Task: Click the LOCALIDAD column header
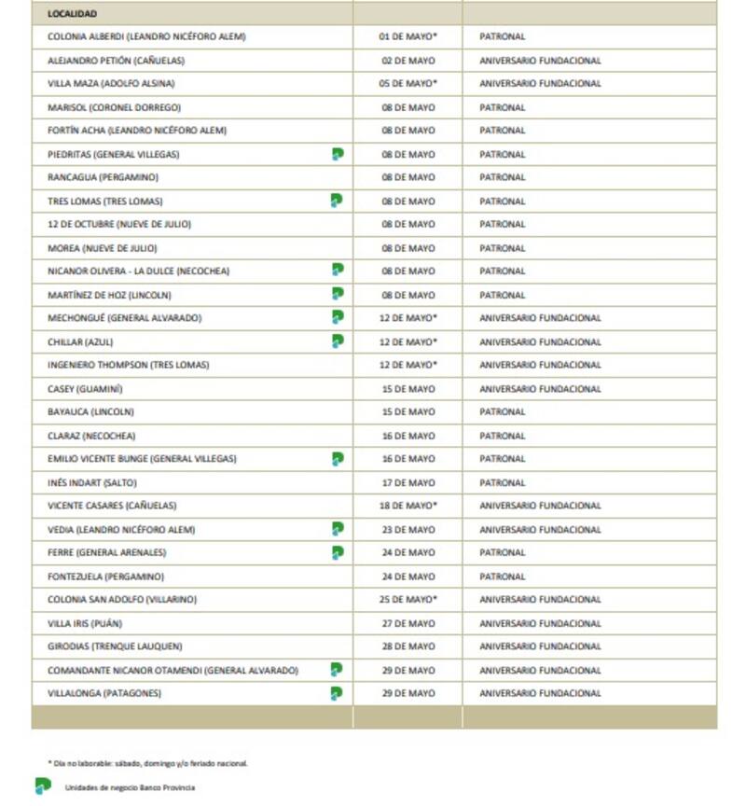click(x=72, y=14)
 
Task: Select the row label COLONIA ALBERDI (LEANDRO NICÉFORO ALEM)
click(x=146, y=36)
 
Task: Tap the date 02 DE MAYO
click(x=408, y=61)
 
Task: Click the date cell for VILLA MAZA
click(x=408, y=84)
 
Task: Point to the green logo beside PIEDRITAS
click(x=338, y=154)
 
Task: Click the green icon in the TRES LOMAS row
click(x=338, y=201)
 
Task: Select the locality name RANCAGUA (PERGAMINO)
click(x=103, y=177)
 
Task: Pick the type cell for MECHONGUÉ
click(x=540, y=318)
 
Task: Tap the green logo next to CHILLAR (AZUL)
click(x=338, y=341)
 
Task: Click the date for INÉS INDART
click(x=408, y=482)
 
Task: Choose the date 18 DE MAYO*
click(x=408, y=506)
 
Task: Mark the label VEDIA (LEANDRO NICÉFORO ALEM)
click(x=121, y=530)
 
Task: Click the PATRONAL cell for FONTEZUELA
click(x=503, y=577)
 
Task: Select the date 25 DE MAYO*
click(x=408, y=600)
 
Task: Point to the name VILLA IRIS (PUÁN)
click(x=85, y=623)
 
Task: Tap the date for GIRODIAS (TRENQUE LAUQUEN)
click(x=408, y=646)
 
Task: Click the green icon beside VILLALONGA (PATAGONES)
click(x=338, y=693)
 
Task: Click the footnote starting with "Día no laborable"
click(x=148, y=763)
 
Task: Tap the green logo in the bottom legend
click(x=43, y=786)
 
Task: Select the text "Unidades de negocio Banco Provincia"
click(x=130, y=787)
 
